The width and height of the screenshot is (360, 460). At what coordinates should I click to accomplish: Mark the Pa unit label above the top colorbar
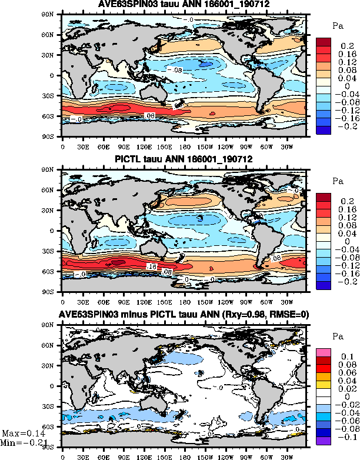click(x=338, y=26)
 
